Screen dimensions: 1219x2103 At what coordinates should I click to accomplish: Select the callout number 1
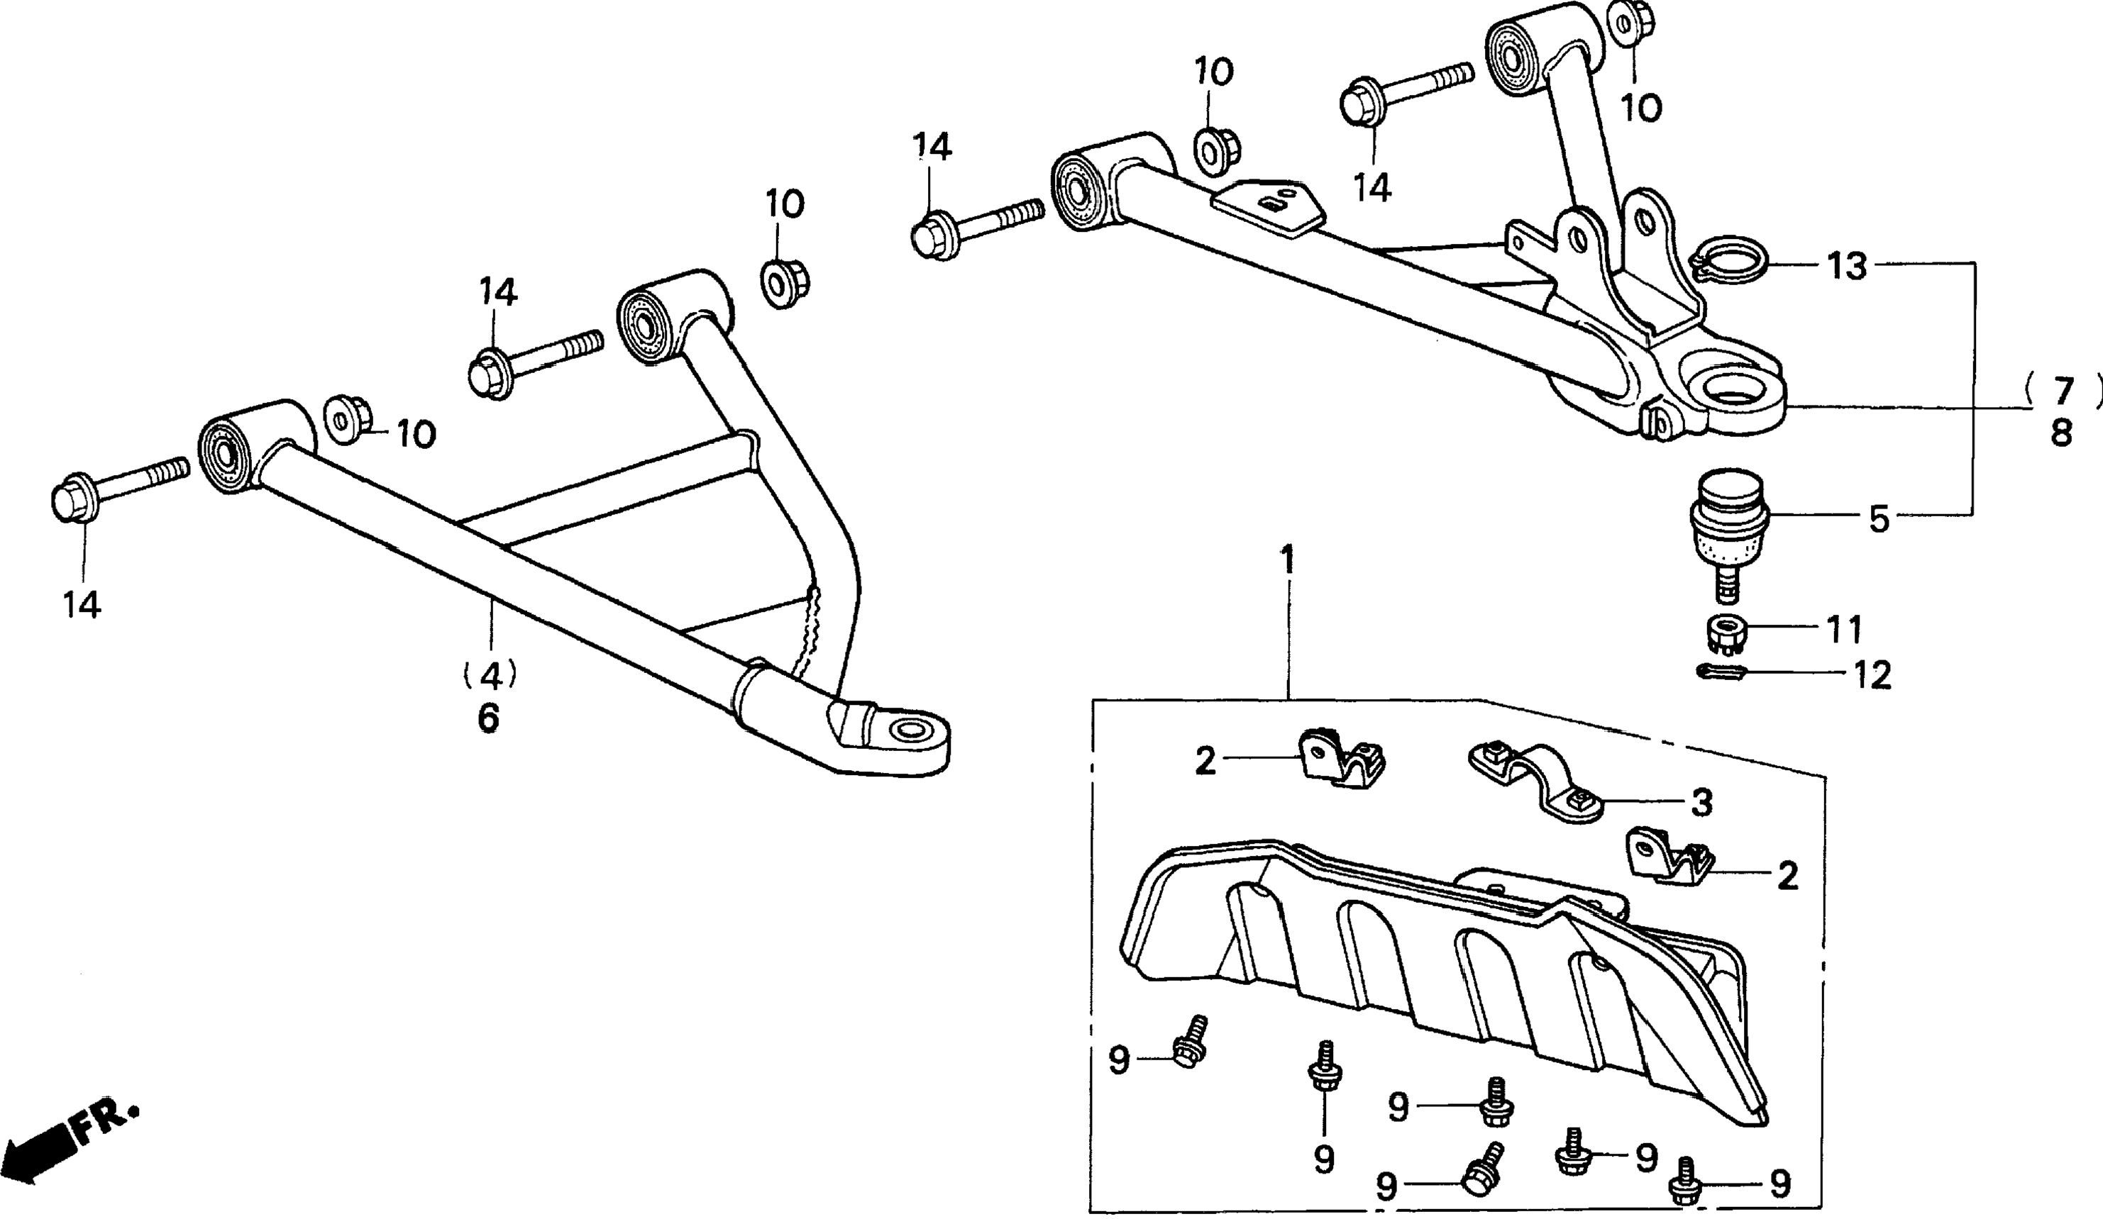pos(1288,562)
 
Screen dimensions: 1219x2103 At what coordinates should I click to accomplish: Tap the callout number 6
pos(489,717)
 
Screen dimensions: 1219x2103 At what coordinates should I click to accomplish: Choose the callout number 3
pos(1701,803)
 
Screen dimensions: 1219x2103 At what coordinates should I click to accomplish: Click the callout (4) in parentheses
pos(490,674)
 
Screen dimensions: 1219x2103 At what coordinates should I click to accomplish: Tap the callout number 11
pos(1844,630)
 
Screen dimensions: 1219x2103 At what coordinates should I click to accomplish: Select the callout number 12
pos(1872,675)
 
